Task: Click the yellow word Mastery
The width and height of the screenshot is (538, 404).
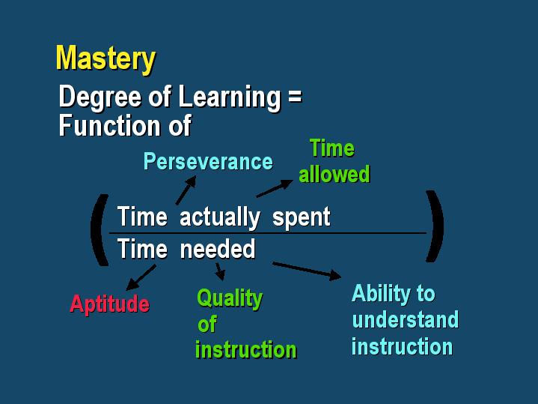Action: [x=106, y=59]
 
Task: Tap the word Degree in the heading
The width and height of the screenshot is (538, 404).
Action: [x=100, y=97]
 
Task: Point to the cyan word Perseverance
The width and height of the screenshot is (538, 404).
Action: [x=208, y=161]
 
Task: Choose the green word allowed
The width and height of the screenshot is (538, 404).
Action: [x=334, y=174]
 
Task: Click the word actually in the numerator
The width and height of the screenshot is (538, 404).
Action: [x=220, y=217]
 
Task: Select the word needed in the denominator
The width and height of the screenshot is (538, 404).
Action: [x=218, y=249]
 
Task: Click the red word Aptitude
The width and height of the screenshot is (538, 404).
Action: [x=110, y=304]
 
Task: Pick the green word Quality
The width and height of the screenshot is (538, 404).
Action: [x=230, y=299]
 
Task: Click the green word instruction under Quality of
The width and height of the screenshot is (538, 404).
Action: [x=246, y=350]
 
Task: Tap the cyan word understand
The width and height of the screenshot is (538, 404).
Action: [x=406, y=319]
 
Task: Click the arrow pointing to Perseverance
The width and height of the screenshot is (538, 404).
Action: [x=186, y=190]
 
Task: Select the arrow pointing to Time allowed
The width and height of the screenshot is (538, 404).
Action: [x=275, y=188]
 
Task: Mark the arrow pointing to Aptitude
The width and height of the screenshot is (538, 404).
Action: [x=141, y=277]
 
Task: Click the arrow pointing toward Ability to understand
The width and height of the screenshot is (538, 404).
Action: [x=307, y=271]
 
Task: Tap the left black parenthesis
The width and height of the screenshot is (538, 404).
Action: [x=100, y=230]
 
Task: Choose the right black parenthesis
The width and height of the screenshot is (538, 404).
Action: [x=435, y=226]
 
